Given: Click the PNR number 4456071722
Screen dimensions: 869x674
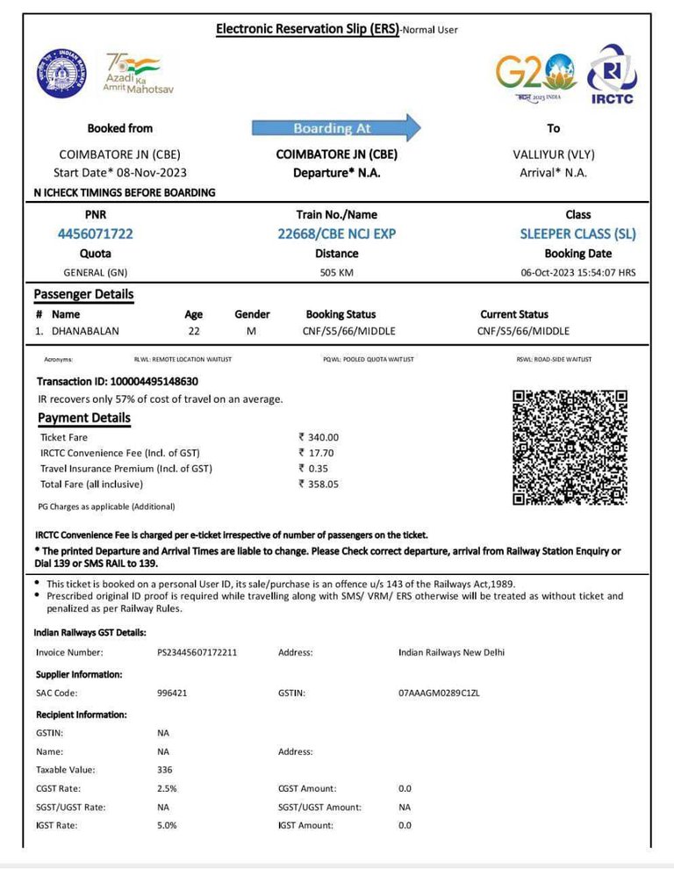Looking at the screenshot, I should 96,234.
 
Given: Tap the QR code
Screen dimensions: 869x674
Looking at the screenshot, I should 570,448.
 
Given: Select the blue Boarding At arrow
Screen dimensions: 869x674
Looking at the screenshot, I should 337,128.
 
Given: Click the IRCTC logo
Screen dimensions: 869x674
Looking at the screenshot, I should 612,74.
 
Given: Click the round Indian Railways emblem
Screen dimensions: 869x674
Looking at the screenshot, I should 61,73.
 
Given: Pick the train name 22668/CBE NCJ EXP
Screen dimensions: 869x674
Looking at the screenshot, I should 337,234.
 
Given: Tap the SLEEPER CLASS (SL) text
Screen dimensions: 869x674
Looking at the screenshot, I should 577,234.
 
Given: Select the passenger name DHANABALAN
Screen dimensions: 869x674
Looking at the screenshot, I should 85,331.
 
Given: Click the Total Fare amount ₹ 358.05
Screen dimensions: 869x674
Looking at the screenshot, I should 319,484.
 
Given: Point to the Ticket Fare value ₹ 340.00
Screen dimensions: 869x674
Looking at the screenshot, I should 319,437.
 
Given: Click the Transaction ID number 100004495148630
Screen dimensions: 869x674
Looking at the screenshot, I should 154,382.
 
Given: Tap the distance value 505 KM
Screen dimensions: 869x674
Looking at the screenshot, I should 337,273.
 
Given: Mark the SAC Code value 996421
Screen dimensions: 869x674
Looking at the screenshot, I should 172,693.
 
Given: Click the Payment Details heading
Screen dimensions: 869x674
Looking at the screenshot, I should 84,418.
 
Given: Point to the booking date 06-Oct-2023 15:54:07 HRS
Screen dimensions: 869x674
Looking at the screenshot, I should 578,273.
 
